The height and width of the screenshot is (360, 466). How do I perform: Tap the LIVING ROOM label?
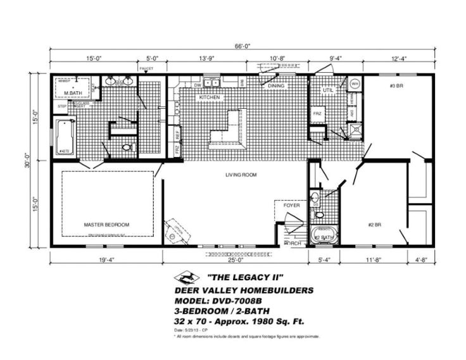click(x=241, y=175)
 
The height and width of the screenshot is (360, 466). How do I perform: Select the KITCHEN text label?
click(x=210, y=98)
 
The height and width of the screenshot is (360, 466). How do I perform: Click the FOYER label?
click(x=291, y=205)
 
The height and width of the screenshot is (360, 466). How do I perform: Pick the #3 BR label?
click(x=396, y=86)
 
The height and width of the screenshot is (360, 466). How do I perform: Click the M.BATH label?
click(x=75, y=94)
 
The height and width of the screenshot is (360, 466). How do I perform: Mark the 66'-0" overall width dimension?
click(x=243, y=46)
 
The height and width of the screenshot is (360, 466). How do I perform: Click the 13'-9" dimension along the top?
click(x=206, y=58)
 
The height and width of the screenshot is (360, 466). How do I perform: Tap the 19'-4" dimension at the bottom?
click(x=106, y=259)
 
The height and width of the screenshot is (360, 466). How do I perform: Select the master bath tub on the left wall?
click(x=65, y=137)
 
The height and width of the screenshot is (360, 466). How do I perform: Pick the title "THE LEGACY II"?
click(x=244, y=276)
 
